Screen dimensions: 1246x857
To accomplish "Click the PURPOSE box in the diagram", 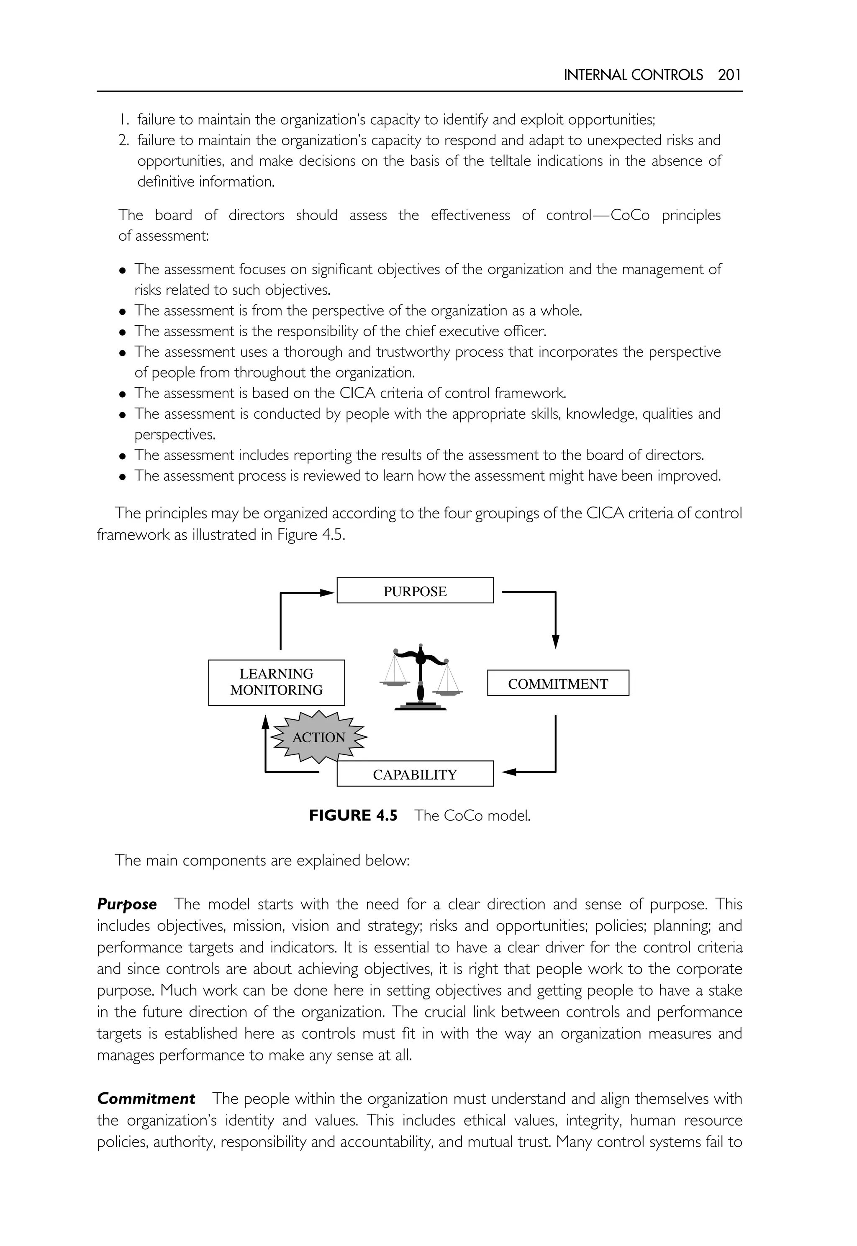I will (415, 590).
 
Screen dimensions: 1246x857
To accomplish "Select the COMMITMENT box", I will (557, 683).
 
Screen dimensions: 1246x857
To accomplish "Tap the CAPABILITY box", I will (415, 774).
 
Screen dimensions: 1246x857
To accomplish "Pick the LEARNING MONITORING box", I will (276, 682).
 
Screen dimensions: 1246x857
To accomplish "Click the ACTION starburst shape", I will (318, 737).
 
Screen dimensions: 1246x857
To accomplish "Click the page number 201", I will (729, 75).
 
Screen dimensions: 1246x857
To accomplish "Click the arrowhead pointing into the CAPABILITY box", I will (508, 772).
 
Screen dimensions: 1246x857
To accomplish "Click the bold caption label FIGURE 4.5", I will (353, 816).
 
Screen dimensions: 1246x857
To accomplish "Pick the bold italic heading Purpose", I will (127, 904).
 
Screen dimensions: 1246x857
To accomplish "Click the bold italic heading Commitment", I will (146, 1099).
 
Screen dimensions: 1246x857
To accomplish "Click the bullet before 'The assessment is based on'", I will (123, 394).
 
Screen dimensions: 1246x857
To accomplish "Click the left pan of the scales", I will (394, 683).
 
